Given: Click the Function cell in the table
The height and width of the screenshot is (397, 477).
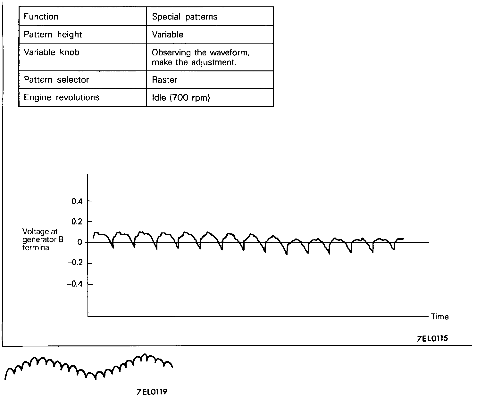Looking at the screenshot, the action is pos(41,17).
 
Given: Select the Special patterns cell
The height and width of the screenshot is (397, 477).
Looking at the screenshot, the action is pos(184,17).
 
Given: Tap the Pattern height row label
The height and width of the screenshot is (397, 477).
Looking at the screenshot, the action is pos(53,35).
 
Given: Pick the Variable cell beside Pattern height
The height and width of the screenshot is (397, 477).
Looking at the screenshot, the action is pos(167,35).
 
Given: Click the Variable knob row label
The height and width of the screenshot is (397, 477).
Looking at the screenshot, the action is pos(51,52).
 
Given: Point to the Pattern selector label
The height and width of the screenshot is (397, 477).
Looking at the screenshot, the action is pos(56,80).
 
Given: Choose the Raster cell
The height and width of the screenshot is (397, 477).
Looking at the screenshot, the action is pos(164,80).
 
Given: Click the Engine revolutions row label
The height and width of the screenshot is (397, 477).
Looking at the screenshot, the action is pos(62,97).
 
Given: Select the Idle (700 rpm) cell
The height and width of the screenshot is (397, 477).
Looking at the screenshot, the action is pos(181,98).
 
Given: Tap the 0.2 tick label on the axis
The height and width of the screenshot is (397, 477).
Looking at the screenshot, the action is pos(77,222).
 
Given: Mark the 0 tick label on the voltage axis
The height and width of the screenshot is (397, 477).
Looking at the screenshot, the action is pos(79,243).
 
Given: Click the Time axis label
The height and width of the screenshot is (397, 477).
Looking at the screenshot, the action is pos(439,317).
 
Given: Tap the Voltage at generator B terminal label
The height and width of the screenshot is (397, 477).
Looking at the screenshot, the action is pos(43,239).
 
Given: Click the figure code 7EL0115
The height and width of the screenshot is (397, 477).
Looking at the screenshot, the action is pos(432,338).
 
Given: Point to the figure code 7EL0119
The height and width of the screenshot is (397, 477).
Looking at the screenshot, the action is pos(152,392).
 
